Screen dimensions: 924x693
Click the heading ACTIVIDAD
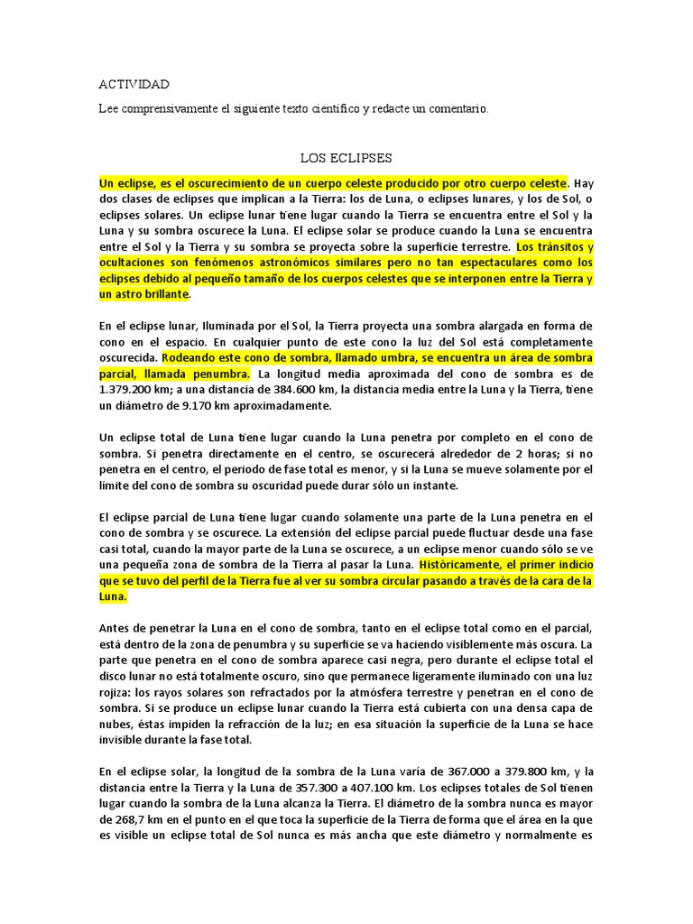pos(134,85)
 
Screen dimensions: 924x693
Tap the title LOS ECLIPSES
pos(346,158)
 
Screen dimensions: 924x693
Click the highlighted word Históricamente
pos(467,565)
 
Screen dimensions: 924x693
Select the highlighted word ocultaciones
pos(135,263)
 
